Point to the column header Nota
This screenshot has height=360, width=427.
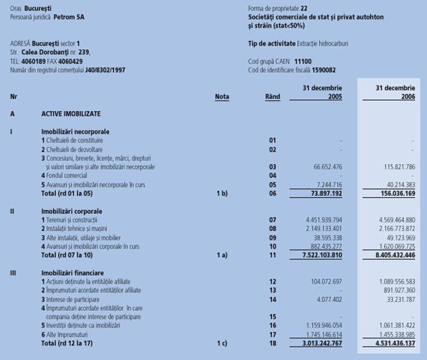point(222,97)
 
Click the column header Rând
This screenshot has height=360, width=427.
point(273,97)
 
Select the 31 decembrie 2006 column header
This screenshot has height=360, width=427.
point(395,92)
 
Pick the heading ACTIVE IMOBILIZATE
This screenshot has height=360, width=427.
point(71,113)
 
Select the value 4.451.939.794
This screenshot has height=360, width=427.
point(321,220)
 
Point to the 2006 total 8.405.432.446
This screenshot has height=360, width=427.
point(391,254)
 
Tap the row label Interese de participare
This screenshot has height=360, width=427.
point(71,299)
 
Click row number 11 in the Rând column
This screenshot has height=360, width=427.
point(272,254)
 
